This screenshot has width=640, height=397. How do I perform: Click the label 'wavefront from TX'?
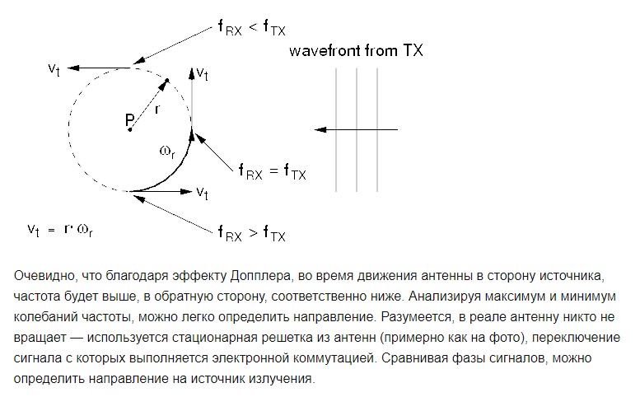pyautogui.click(x=356, y=50)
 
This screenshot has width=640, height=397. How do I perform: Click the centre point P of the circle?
pyautogui.click(x=130, y=130)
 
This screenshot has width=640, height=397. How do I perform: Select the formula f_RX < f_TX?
pyautogui.click(x=252, y=28)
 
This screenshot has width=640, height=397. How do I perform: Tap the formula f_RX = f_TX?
pyautogui.click(x=273, y=171)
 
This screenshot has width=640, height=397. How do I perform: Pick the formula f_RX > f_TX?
pyautogui.click(x=252, y=233)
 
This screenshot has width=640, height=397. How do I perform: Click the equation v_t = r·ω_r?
pyautogui.click(x=60, y=230)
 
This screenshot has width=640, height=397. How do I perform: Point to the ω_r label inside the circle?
pyautogui.click(x=167, y=152)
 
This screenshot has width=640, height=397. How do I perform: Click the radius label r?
pyautogui.click(x=157, y=109)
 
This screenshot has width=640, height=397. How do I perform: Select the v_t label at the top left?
pyautogui.click(x=54, y=68)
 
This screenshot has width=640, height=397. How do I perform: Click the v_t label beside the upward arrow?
pyautogui.click(x=202, y=73)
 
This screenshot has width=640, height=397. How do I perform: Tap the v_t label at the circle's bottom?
pyautogui.click(x=202, y=193)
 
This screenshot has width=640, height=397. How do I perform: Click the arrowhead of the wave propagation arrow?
pyautogui.click(x=320, y=130)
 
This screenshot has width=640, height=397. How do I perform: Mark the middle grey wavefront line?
pyautogui.click(x=357, y=130)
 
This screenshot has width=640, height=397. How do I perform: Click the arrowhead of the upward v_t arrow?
pyautogui.click(x=191, y=73)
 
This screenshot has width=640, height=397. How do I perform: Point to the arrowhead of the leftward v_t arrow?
pyautogui.click(x=73, y=68)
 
